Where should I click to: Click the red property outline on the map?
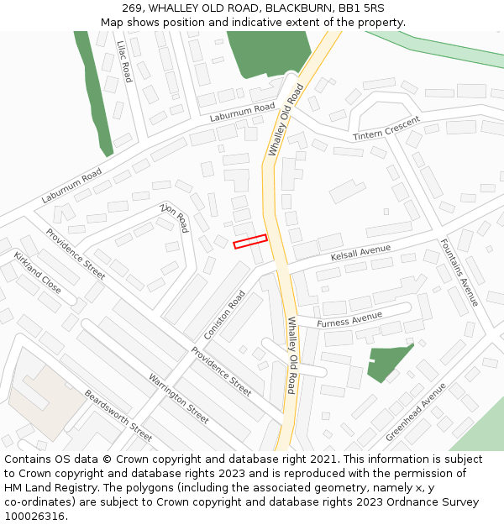coord(249,241)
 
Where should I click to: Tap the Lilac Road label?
coord(124,61)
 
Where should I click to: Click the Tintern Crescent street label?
coord(386,129)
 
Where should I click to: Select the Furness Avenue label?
coord(349,320)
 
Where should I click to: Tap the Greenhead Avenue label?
coord(416,412)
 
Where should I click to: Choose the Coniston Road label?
coord(224,315)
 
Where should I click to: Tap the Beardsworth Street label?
coord(118,415)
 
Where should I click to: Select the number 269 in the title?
coord(134,8)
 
